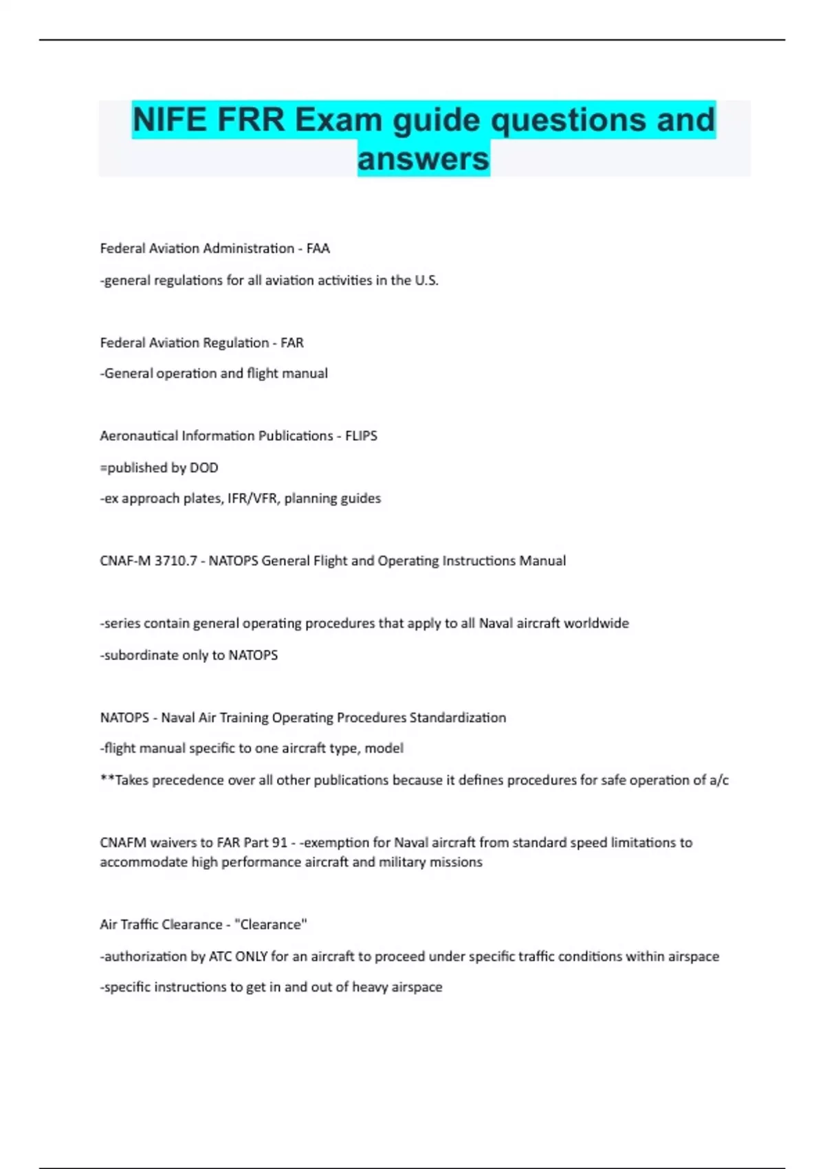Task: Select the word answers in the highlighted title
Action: tap(423, 159)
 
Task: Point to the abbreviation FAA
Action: tap(318, 248)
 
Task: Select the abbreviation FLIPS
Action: tap(361, 436)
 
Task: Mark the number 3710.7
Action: tap(175, 561)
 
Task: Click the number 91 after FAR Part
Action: tap(279, 843)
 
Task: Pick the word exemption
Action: tap(336, 843)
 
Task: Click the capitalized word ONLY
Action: tap(251, 957)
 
